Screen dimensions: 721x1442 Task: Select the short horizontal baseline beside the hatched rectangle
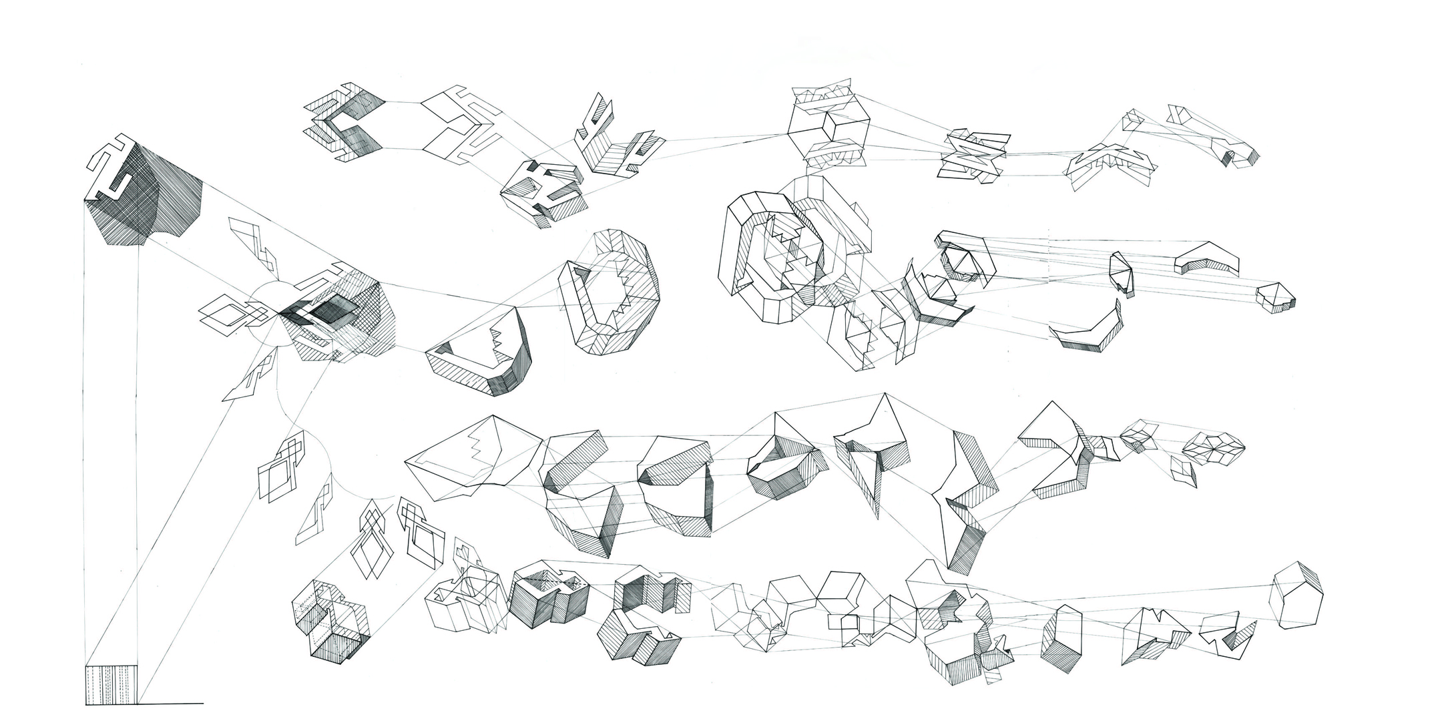[170, 703]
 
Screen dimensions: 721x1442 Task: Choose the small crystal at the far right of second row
[1276, 298]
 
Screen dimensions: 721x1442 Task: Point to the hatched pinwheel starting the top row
[344, 124]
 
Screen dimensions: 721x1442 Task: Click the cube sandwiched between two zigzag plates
[828, 127]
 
